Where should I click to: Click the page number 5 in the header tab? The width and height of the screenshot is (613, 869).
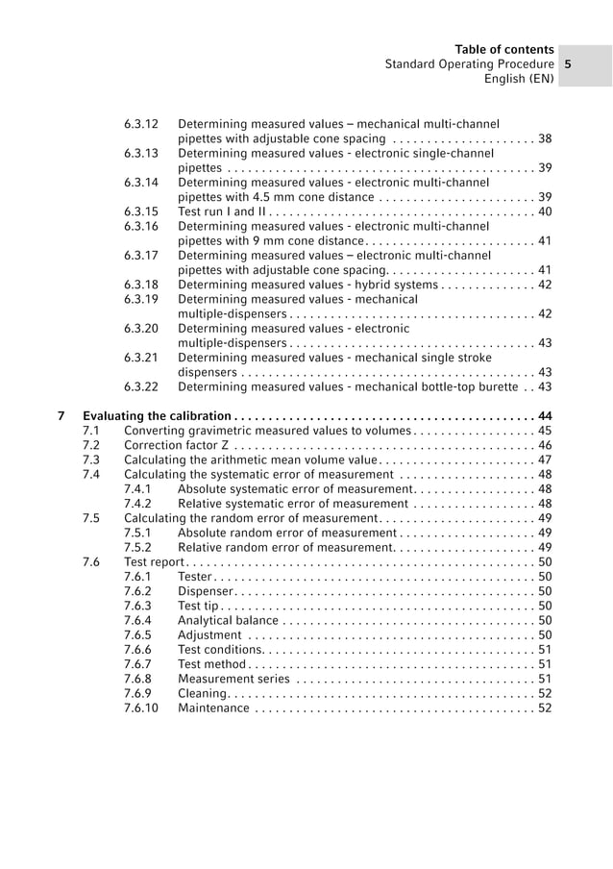pyautogui.click(x=569, y=64)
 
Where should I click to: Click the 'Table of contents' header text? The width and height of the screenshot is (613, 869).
pyautogui.click(x=504, y=49)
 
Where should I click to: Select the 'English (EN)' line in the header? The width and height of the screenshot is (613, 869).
pyautogui.click(x=519, y=79)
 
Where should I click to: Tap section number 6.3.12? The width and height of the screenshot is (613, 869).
pyautogui.click(x=141, y=124)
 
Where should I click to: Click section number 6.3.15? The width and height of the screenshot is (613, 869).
pyautogui.click(x=141, y=211)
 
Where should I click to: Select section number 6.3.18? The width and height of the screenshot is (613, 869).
pyautogui.click(x=141, y=285)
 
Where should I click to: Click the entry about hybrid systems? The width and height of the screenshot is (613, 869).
pyautogui.click(x=307, y=285)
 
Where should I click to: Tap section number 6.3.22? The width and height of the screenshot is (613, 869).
pyautogui.click(x=141, y=386)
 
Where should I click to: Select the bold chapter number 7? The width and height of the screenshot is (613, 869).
pyautogui.click(x=61, y=415)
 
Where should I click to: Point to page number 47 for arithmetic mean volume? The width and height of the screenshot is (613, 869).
pyautogui.click(x=545, y=459)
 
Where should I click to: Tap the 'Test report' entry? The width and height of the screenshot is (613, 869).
pyautogui.click(x=154, y=561)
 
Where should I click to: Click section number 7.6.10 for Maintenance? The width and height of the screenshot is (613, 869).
pyautogui.click(x=141, y=708)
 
